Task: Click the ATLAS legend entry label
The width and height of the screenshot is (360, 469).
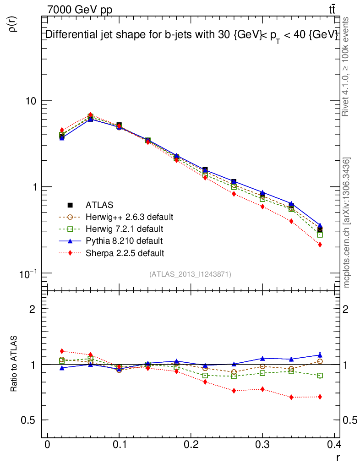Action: (99, 205)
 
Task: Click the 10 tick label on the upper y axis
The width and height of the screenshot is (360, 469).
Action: (30, 101)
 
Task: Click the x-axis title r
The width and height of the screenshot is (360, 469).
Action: (338, 458)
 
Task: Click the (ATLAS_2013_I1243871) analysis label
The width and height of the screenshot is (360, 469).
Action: (190, 274)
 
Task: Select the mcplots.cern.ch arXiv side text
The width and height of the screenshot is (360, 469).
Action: (347, 223)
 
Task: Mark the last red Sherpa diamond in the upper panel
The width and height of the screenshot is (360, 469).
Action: (320, 245)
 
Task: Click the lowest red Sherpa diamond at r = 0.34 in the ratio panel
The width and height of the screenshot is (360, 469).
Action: (291, 397)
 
